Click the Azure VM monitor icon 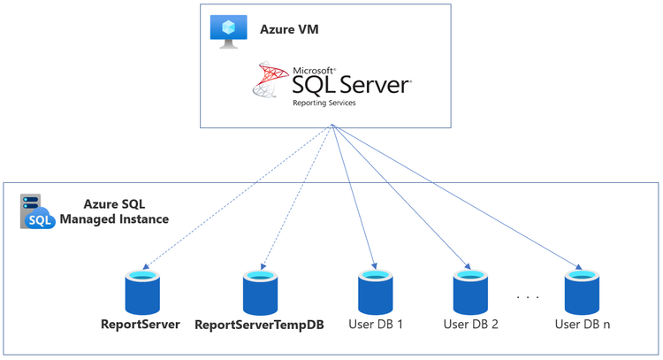(228, 30)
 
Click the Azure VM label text (289, 30)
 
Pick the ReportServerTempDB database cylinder (263, 291)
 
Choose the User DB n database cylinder (583, 291)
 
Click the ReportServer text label (141, 325)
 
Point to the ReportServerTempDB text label (259, 325)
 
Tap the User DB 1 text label (376, 325)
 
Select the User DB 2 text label (471, 325)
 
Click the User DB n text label (583, 325)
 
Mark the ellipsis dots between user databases (528, 297)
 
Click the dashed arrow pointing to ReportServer (237, 196)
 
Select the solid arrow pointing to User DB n (458, 196)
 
